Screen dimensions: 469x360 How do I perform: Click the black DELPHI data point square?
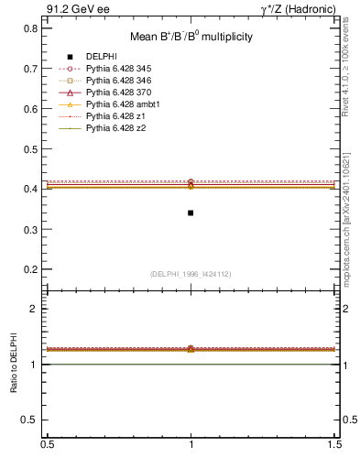(x=191, y=213)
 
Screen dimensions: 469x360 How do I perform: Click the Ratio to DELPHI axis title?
(x=13, y=365)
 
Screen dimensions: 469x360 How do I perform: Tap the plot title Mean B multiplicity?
(x=191, y=37)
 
